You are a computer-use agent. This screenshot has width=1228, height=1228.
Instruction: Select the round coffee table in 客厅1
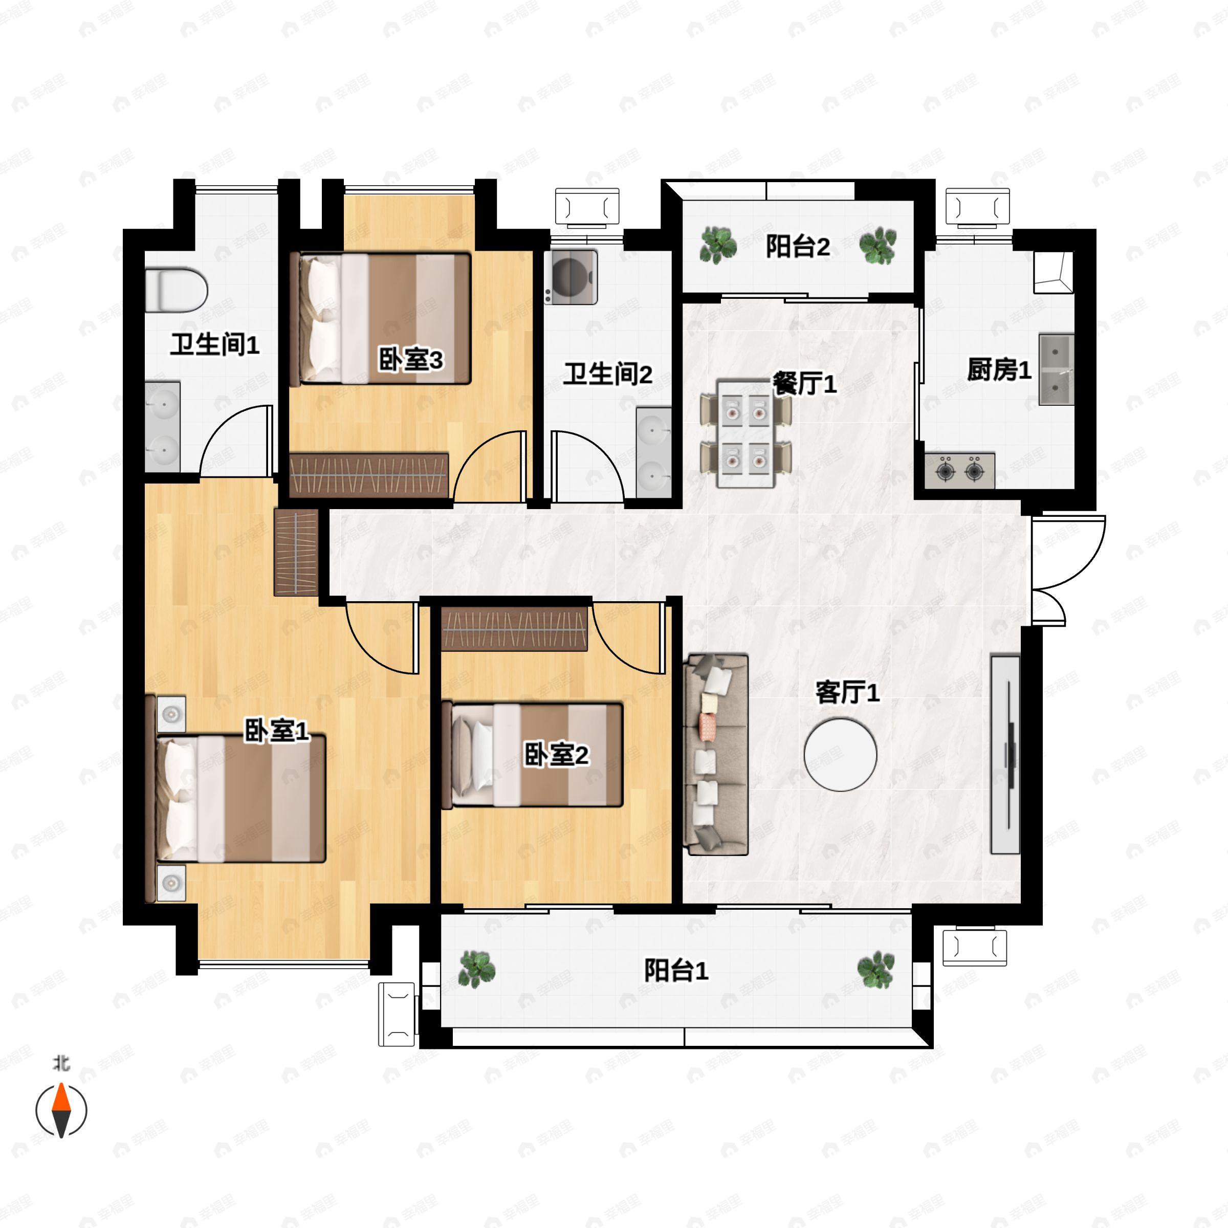pos(840,755)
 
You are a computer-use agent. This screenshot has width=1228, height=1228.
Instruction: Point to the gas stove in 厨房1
pos(960,471)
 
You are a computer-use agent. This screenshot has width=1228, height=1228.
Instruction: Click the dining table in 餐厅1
pos(745,433)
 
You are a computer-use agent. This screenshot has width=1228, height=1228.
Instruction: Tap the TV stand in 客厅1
pos(1005,754)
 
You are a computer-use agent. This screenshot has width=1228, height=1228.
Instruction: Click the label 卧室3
pos(410,360)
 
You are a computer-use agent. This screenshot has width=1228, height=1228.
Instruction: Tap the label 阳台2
pos(798,246)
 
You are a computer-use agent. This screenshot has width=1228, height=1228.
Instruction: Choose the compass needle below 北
pos(61,1110)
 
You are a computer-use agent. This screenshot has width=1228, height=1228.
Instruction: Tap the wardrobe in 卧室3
pos(369,474)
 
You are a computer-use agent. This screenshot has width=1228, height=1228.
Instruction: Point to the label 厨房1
pos(999,369)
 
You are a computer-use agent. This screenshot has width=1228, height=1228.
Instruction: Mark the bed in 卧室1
pos(236,799)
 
